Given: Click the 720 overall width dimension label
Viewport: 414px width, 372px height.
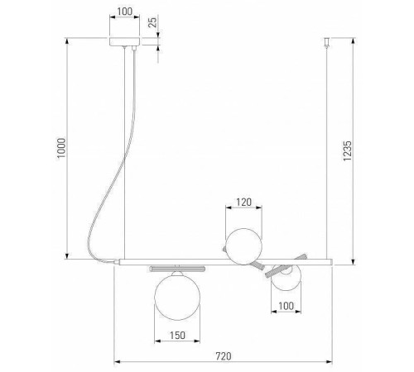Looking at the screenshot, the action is (x=224, y=356).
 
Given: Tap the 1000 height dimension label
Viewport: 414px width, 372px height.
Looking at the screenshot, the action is (x=61, y=148).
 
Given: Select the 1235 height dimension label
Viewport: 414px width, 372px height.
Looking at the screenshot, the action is (x=347, y=150).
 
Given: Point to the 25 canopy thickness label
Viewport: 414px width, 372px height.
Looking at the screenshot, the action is (x=152, y=21).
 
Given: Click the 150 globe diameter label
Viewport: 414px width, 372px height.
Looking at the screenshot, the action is (x=177, y=336).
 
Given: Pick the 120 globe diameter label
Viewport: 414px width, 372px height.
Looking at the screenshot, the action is (x=244, y=203).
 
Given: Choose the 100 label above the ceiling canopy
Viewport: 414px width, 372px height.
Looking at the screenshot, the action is (x=125, y=12).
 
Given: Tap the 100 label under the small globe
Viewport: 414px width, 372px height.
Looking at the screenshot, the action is (x=286, y=306).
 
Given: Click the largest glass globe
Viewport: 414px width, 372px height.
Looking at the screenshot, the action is (x=177, y=297).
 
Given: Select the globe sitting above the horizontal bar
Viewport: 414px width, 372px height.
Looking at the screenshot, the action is (x=243, y=246).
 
